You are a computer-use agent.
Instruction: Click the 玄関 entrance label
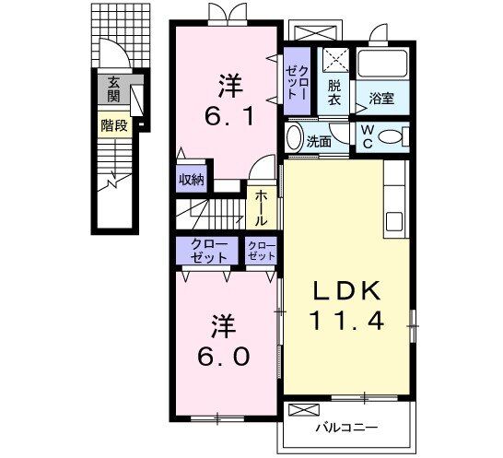(x=113, y=88)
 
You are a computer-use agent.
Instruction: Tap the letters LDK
(x=346, y=290)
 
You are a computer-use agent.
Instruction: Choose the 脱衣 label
(x=334, y=93)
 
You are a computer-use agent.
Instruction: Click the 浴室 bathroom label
(x=382, y=96)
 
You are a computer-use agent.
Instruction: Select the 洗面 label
(x=320, y=142)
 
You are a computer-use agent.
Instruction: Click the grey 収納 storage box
(x=192, y=180)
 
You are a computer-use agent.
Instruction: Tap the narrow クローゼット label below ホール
(x=263, y=251)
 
